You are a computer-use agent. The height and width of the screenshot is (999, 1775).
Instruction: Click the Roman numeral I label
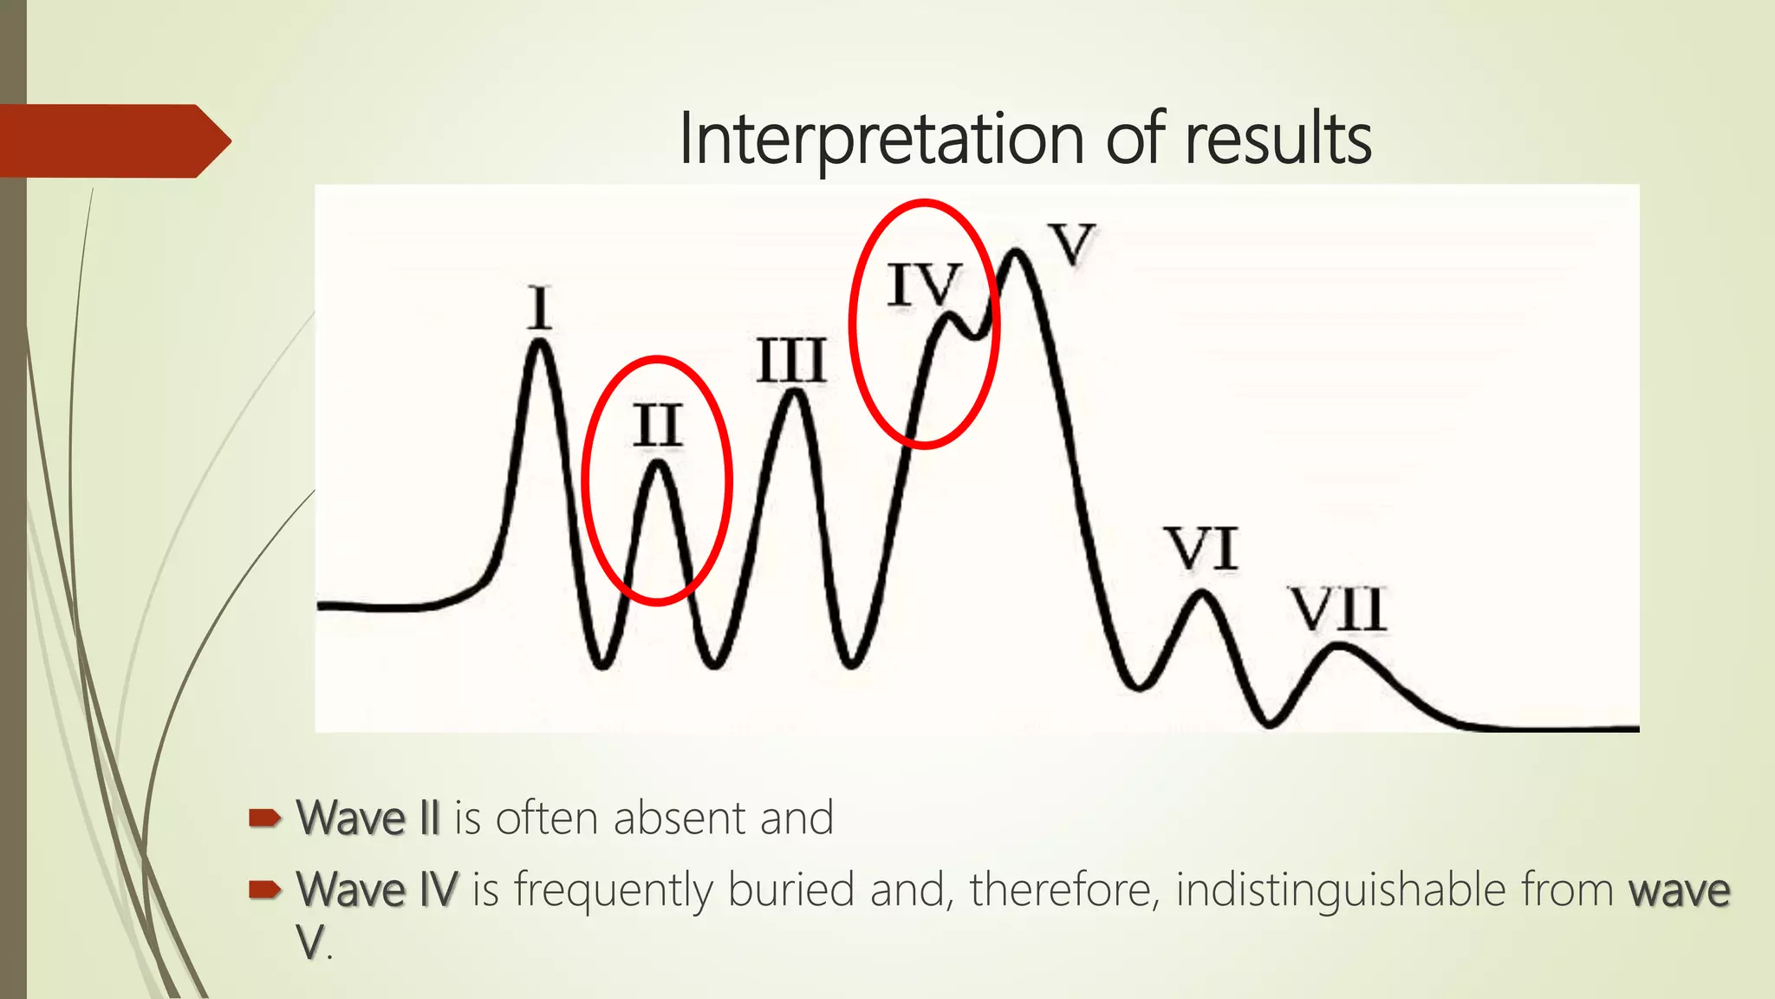(x=540, y=307)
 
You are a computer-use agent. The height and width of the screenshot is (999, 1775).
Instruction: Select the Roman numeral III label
(x=791, y=361)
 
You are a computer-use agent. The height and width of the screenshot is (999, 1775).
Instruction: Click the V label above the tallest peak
(x=1071, y=244)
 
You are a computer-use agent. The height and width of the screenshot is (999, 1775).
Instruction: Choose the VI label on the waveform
(x=1202, y=549)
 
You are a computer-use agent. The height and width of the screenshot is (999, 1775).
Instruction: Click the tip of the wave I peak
(x=541, y=343)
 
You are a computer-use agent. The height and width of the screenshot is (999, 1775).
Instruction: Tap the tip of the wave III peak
(x=795, y=395)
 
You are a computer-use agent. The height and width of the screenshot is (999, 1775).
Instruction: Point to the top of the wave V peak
(x=1015, y=253)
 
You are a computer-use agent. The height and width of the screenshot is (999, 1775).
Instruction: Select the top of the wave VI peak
(x=1202, y=594)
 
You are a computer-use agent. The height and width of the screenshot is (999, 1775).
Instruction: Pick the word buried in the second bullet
(x=790, y=890)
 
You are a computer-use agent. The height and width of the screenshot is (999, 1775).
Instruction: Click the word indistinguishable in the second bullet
(x=1341, y=890)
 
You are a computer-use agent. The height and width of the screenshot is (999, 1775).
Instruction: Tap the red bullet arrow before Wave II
(x=264, y=818)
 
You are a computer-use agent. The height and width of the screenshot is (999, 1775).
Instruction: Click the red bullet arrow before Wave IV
(x=264, y=889)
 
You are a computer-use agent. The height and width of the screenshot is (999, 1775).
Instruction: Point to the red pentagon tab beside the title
(x=113, y=140)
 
